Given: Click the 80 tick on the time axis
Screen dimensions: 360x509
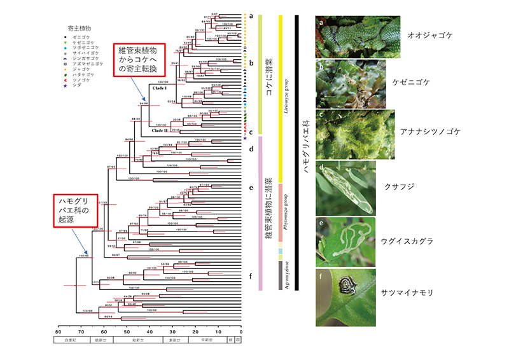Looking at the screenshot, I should [x=58, y=331].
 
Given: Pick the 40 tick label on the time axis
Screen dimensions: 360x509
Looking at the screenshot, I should [x=150, y=331].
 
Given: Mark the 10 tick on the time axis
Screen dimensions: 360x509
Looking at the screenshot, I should [x=218, y=331].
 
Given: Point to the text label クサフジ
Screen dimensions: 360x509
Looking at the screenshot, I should [x=399, y=188].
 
